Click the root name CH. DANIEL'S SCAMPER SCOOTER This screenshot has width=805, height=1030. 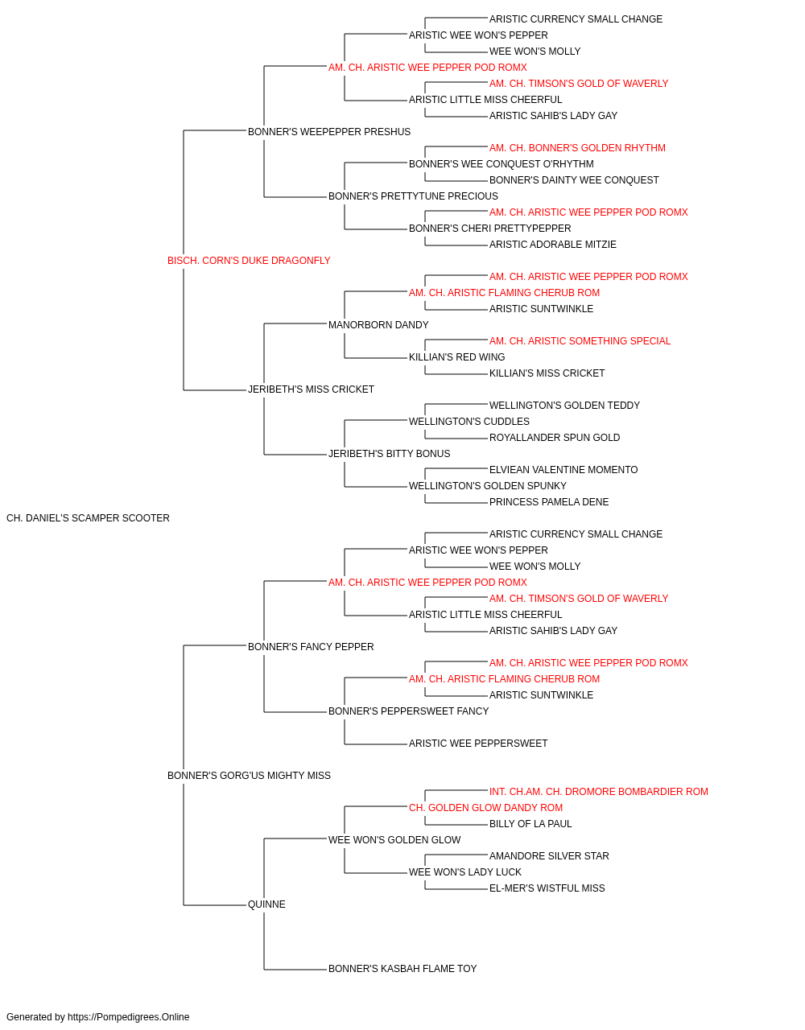click(88, 518)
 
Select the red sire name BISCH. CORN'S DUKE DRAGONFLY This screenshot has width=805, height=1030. click(249, 261)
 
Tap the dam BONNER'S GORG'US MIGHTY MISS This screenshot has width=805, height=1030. click(249, 776)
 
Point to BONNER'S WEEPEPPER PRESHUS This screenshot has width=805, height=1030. click(329, 132)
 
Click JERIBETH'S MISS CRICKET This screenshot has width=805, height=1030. click(311, 389)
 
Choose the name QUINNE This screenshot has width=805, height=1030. click(266, 904)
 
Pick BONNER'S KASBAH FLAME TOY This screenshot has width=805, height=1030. click(402, 969)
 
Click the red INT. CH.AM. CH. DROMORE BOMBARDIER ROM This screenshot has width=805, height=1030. click(599, 792)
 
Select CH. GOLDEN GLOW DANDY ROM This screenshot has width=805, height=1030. click(485, 808)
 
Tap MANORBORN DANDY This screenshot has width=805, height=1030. click(378, 325)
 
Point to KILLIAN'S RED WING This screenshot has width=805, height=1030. click(456, 357)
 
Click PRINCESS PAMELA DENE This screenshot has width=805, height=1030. click(549, 502)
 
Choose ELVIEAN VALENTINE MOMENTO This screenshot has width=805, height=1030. click(563, 470)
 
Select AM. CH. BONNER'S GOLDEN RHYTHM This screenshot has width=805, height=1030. click(577, 148)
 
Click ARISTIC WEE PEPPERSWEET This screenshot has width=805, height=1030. click(478, 744)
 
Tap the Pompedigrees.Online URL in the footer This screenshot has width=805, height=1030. click(129, 1017)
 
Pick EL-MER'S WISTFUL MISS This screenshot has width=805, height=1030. click(547, 888)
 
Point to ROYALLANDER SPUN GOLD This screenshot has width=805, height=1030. click(555, 438)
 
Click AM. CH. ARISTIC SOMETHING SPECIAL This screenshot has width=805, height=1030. click(580, 341)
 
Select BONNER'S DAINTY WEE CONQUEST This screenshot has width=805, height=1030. click(574, 180)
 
